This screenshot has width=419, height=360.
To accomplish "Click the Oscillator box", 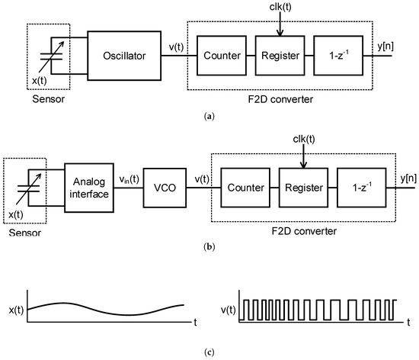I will (126, 56).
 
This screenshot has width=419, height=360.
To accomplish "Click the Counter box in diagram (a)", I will (221, 56).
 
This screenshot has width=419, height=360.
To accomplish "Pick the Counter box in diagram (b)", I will (243, 187).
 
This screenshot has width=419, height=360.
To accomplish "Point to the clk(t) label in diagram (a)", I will (280, 8).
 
